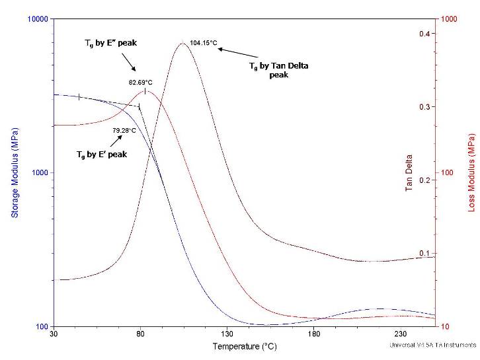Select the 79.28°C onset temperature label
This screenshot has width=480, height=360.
pyautogui.click(x=124, y=130)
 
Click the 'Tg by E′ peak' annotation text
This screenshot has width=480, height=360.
pyautogui.click(x=102, y=155)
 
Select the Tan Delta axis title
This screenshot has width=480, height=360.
pyautogui.click(x=409, y=173)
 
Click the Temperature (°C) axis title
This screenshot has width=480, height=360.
pyautogui.click(x=244, y=346)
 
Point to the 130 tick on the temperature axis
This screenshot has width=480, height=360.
pyautogui.click(x=227, y=334)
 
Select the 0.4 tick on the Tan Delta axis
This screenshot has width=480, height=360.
pyautogui.click(x=424, y=34)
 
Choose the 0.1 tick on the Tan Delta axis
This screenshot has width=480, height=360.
pyautogui.click(x=424, y=254)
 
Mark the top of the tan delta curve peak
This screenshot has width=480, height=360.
pyautogui.click(x=182, y=43)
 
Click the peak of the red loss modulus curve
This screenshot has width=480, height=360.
pyautogui.click(x=145, y=91)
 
